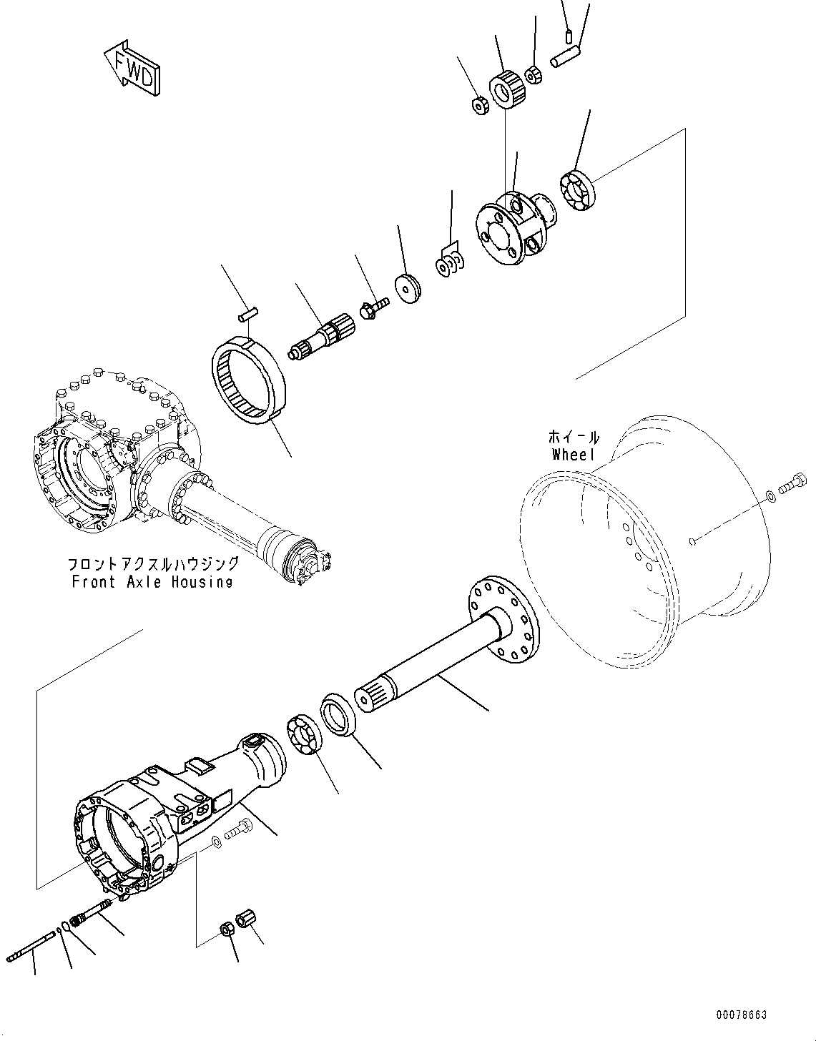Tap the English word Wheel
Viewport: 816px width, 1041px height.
(574, 455)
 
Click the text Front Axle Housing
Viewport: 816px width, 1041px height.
(152, 581)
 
